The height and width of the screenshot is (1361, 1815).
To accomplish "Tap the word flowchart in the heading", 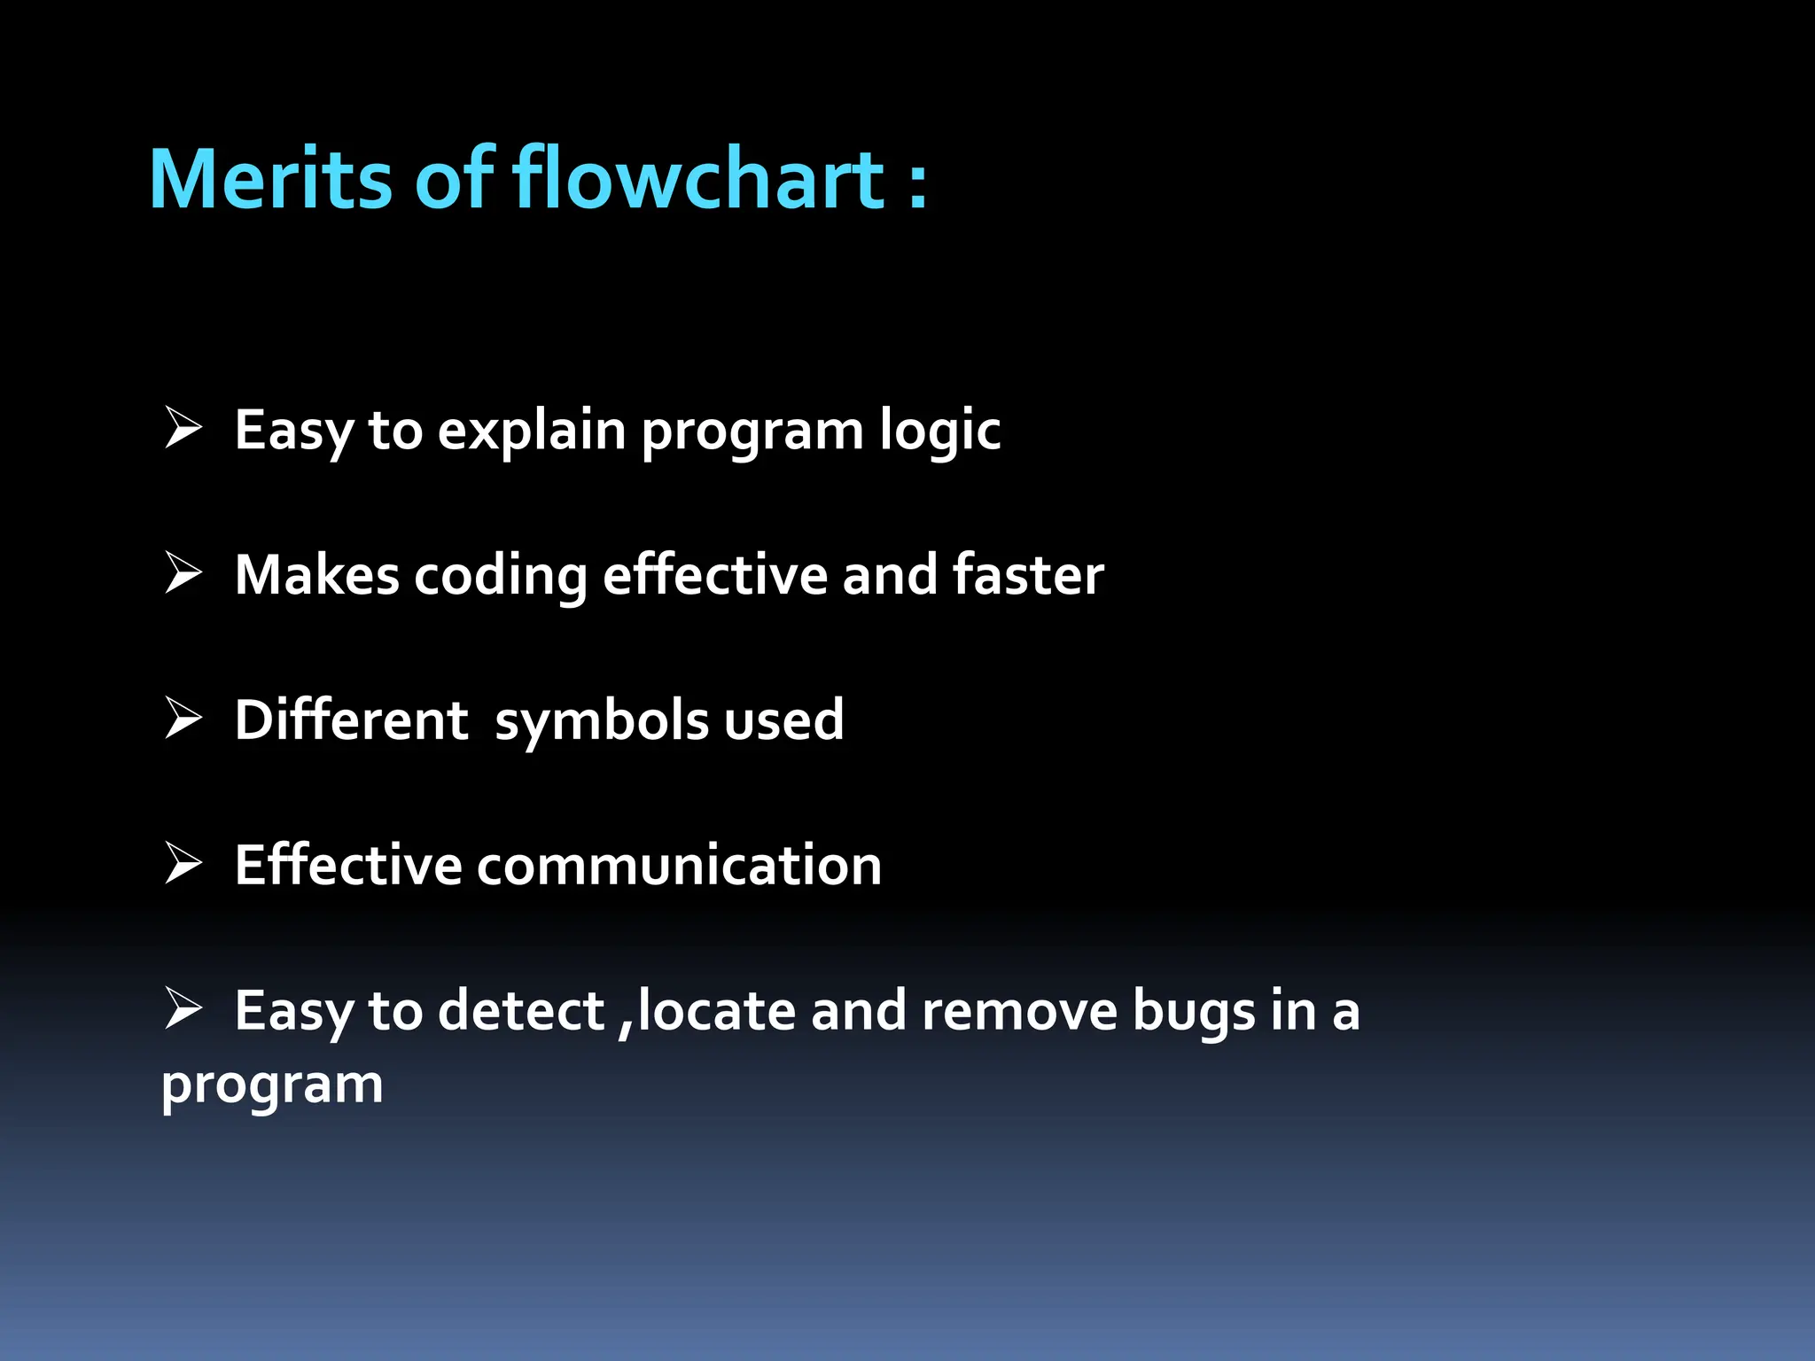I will (698, 180).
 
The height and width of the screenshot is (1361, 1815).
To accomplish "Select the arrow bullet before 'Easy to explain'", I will (183, 429).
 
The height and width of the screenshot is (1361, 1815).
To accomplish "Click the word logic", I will (939, 432).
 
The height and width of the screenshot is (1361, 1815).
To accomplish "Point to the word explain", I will (532, 432).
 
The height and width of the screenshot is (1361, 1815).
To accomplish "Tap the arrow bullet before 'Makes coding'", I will (183, 573).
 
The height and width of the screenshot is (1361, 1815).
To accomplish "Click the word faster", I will (1028, 575).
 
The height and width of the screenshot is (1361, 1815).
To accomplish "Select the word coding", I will (501, 577).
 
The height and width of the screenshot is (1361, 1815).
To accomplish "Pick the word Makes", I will (316, 575).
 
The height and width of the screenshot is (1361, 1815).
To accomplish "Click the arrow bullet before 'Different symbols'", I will (183, 718).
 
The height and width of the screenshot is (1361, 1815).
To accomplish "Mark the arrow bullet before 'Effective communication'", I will (183, 863).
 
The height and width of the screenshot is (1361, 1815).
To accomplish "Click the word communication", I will (679, 866).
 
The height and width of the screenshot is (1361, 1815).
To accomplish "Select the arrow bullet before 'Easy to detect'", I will (183, 1008).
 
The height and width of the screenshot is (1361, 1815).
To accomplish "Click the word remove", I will (1019, 1011).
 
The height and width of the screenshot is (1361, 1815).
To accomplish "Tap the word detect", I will (521, 1011).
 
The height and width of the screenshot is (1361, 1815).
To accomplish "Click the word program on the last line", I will (272, 1085).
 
